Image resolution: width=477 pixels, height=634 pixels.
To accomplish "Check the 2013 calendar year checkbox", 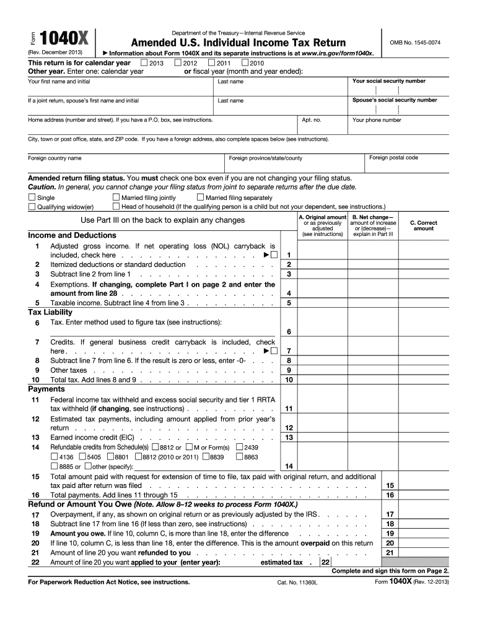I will pyautogui.click(x=144, y=63).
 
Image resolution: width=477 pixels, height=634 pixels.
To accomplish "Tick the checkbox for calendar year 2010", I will pyautogui.click(x=245, y=63).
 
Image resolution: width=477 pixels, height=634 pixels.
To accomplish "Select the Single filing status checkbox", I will pyautogui.click(x=32, y=198).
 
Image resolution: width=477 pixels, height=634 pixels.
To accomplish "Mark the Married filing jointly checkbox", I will pyautogui.click(x=116, y=198).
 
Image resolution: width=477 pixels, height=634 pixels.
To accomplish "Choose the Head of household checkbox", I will pyautogui.click(x=116, y=206).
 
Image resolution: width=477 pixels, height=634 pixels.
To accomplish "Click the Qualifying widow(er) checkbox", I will pyautogui.click(x=32, y=206).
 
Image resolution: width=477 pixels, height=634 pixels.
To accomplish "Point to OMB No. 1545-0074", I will pyautogui.click(x=414, y=42).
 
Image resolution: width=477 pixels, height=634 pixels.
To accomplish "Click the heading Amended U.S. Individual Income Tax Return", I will pyautogui.click(x=238, y=43).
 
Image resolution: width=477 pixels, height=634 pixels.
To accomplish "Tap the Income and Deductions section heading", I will pyautogui.click(x=72, y=235).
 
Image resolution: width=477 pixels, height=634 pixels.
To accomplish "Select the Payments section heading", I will pyautogui.click(x=46, y=389).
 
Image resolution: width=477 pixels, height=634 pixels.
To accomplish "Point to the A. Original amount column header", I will pyautogui.click(x=322, y=217).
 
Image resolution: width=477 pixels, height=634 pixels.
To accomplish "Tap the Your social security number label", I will pyautogui.click(x=388, y=81).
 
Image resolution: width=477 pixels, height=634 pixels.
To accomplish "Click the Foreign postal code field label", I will pyautogui.click(x=393, y=158).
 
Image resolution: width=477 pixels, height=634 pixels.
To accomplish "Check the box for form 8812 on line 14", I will pyautogui.click(x=155, y=447).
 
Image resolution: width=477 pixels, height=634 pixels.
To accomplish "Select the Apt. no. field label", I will pyautogui.click(x=311, y=120).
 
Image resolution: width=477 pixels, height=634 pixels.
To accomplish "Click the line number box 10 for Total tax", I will pyautogui.click(x=289, y=380).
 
